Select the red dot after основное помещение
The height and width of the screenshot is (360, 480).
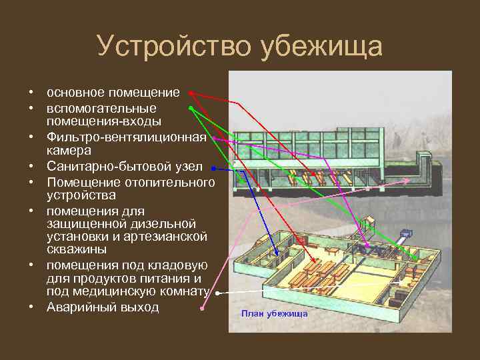tap(190, 92)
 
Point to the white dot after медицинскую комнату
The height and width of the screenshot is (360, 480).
tap(217, 293)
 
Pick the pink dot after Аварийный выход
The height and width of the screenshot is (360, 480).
tap(203, 309)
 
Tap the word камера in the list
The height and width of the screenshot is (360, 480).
tap(69, 151)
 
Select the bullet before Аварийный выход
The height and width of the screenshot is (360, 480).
tap(31, 308)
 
